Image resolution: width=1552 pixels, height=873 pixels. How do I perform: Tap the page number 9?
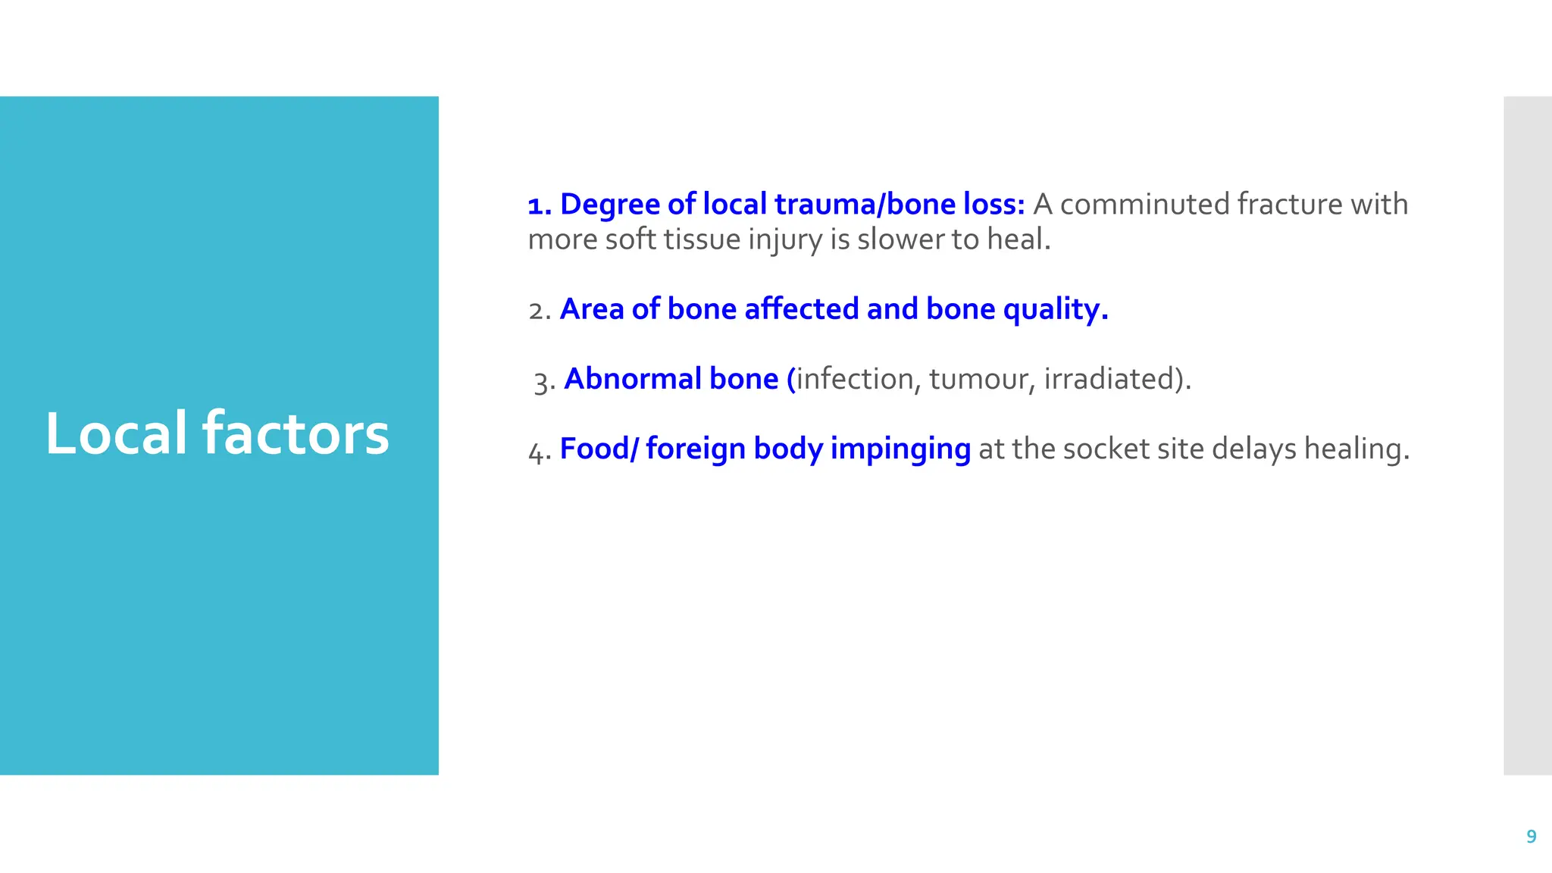tap(1531, 837)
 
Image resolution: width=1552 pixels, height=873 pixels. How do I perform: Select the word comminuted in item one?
tap(1144, 205)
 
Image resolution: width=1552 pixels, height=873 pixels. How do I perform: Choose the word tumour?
tap(978, 379)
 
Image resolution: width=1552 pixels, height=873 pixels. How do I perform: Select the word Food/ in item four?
tap(599, 449)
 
